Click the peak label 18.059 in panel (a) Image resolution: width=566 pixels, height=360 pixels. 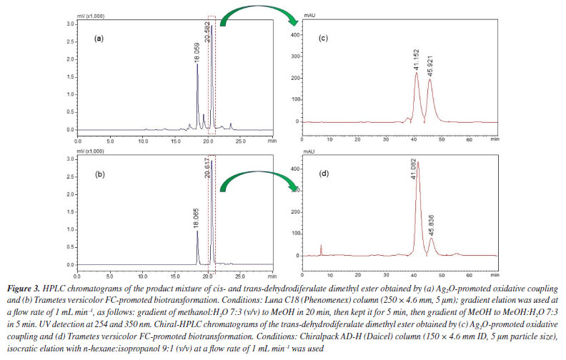(x=195, y=54)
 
